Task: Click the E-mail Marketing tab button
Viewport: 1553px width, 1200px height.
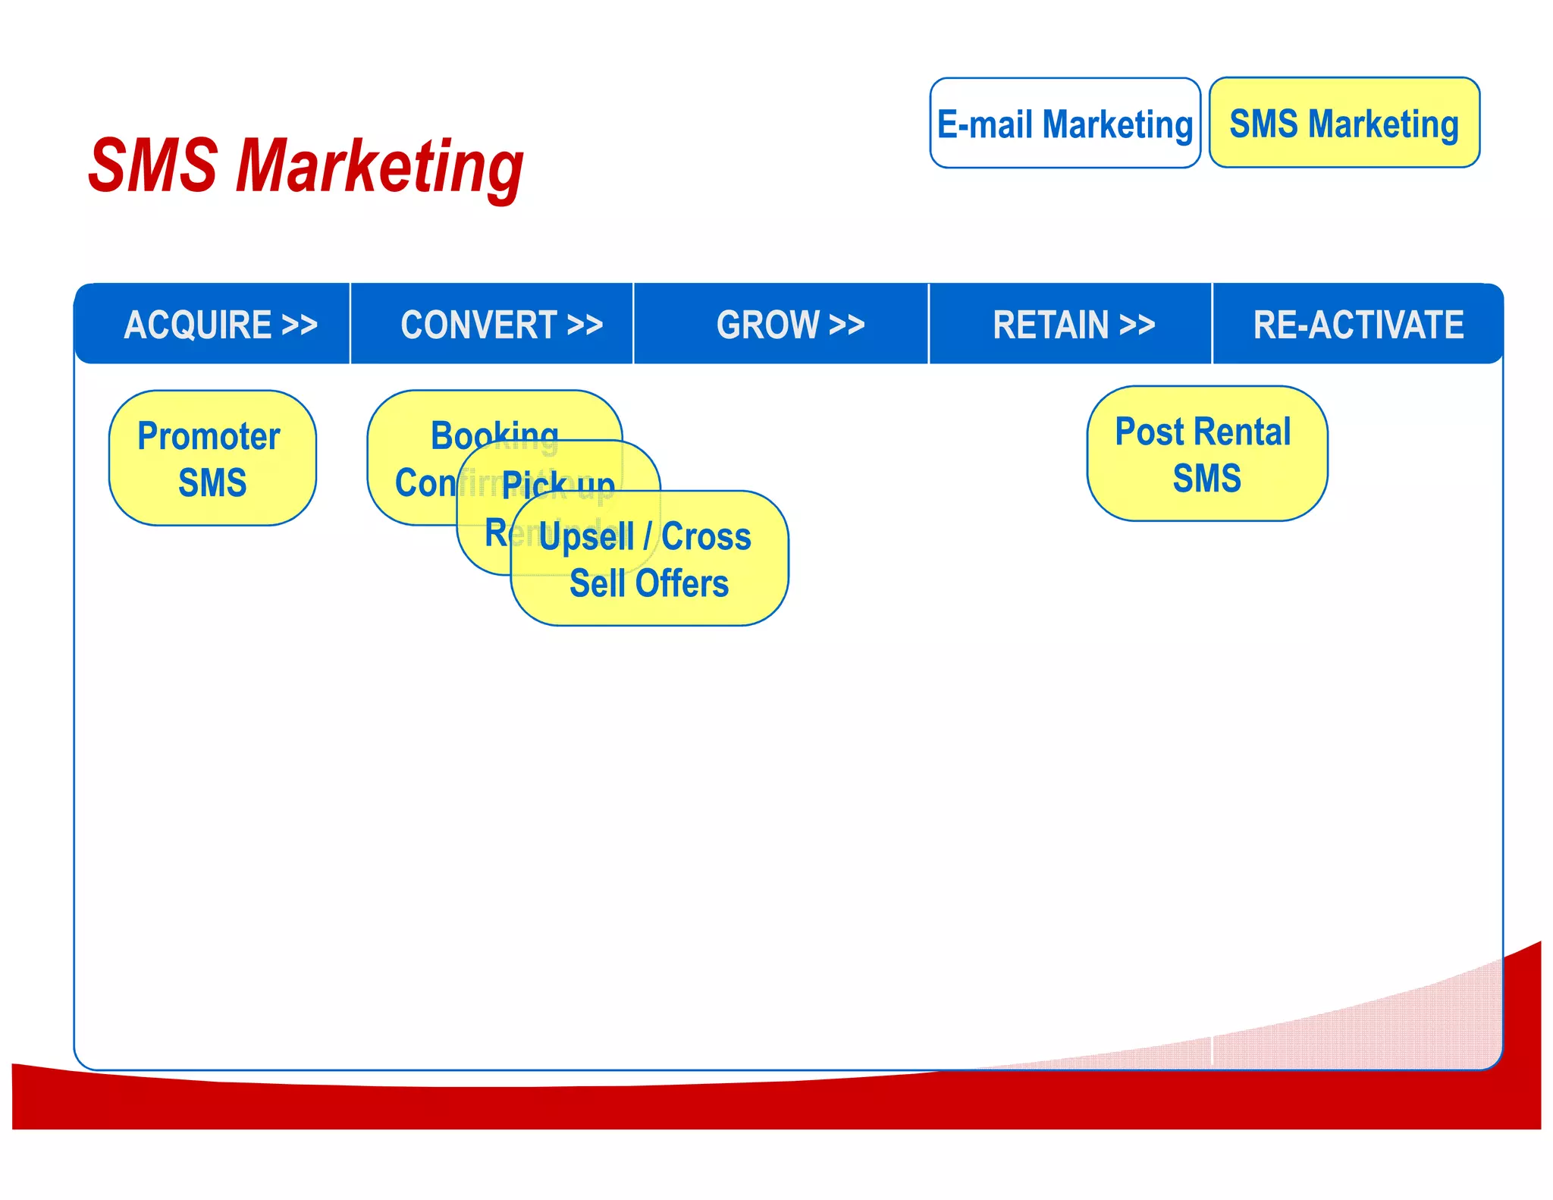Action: click(1065, 123)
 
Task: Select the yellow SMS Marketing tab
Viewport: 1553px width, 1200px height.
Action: click(1344, 123)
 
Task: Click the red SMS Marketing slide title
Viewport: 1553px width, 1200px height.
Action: click(305, 167)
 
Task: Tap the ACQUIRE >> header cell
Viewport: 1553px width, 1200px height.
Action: click(220, 325)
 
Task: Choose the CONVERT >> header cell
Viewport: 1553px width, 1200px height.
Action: click(500, 325)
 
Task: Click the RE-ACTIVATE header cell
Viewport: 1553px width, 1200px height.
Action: click(1357, 325)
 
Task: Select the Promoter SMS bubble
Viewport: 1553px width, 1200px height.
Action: click(212, 458)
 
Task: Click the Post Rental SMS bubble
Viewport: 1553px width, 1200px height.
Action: click(1206, 454)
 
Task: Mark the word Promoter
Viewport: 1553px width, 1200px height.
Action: click(209, 436)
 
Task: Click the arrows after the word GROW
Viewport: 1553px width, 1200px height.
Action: click(846, 325)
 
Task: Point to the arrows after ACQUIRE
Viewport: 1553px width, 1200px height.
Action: click(300, 325)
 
